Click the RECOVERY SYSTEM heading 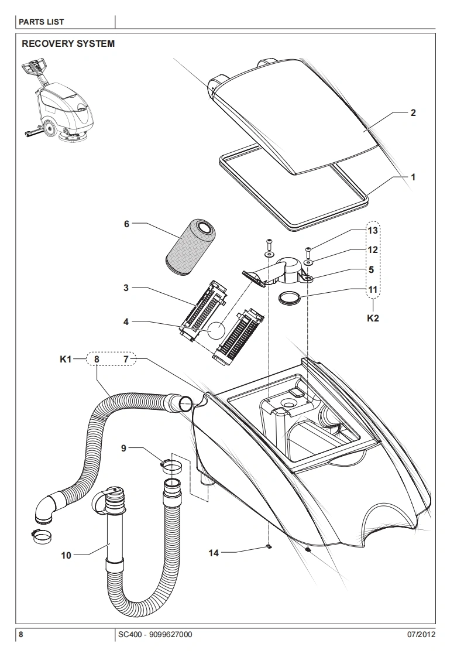[x=68, y=43]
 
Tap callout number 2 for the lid [x=413, y=112]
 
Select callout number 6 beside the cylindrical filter [x=126, y=224]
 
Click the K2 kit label [x=373, y=318]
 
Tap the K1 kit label [x=66, y=359]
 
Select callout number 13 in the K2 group [x=372, y=231]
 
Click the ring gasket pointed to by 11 [x=290, y=299]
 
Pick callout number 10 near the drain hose [x=66, y=556]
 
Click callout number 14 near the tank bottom [x=214, y=553]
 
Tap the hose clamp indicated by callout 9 [x=171, y=465]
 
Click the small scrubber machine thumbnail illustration [x=57, y=101]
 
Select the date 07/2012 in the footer [x=421, y=634]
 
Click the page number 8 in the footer [x=21, y=634]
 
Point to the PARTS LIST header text [x=42, y=22]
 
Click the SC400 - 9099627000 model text [x=155, y=634]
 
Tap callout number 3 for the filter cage [x=126, y=288]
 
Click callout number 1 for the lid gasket [x=413, y=177]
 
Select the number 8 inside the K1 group [x=97, y=359]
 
